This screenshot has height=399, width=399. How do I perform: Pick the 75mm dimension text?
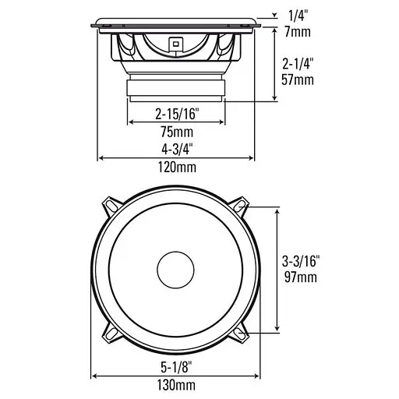(x=176, y=132)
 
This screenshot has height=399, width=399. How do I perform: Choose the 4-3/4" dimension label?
(x=176, y=148)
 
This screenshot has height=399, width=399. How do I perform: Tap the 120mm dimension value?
(x=176, y=167)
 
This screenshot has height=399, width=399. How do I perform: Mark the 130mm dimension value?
(x=176, y=384)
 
